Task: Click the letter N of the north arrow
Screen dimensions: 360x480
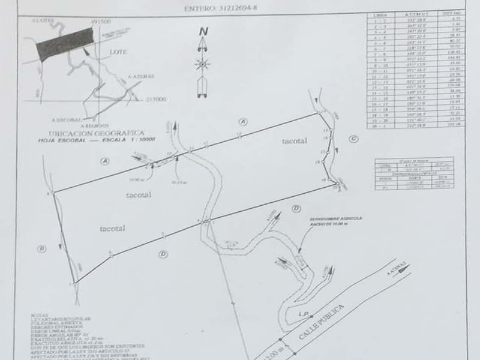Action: tap(203, 32)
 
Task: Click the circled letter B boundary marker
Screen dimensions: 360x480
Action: tap(41, 248)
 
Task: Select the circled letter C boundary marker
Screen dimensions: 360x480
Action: tap(353, 139)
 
